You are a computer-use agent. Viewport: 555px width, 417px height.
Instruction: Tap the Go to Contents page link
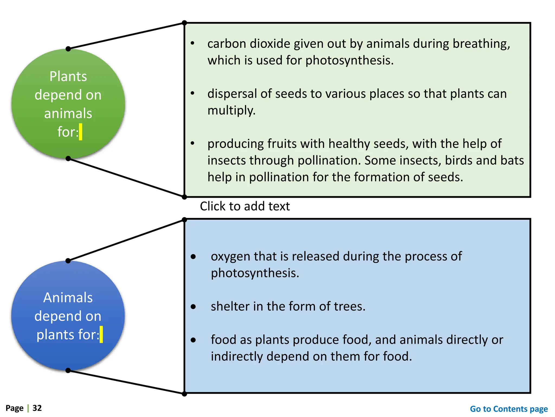[509, 409]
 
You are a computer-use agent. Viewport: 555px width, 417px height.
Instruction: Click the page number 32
[37, 408]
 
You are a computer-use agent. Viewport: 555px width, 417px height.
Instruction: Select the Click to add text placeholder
[245, 206]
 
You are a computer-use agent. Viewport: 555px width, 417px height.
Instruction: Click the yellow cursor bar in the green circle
[80, 132]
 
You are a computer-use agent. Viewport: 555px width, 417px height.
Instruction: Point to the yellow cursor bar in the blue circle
[101, 334]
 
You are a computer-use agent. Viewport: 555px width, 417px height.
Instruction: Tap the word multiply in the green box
[231, 110]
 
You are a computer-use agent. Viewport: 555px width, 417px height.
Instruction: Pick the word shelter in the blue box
[230, 307]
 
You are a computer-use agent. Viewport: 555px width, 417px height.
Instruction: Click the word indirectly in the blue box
[237, 356]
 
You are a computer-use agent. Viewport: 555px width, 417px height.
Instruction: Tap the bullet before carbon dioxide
[192, 43]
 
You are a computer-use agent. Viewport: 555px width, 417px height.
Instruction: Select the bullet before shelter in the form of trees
[193, 307]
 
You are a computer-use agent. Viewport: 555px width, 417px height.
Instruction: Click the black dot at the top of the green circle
[68, 49]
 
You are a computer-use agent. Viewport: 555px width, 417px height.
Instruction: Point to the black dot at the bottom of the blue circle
[68, 370]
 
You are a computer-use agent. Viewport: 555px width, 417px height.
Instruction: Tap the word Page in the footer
[15, 408]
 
